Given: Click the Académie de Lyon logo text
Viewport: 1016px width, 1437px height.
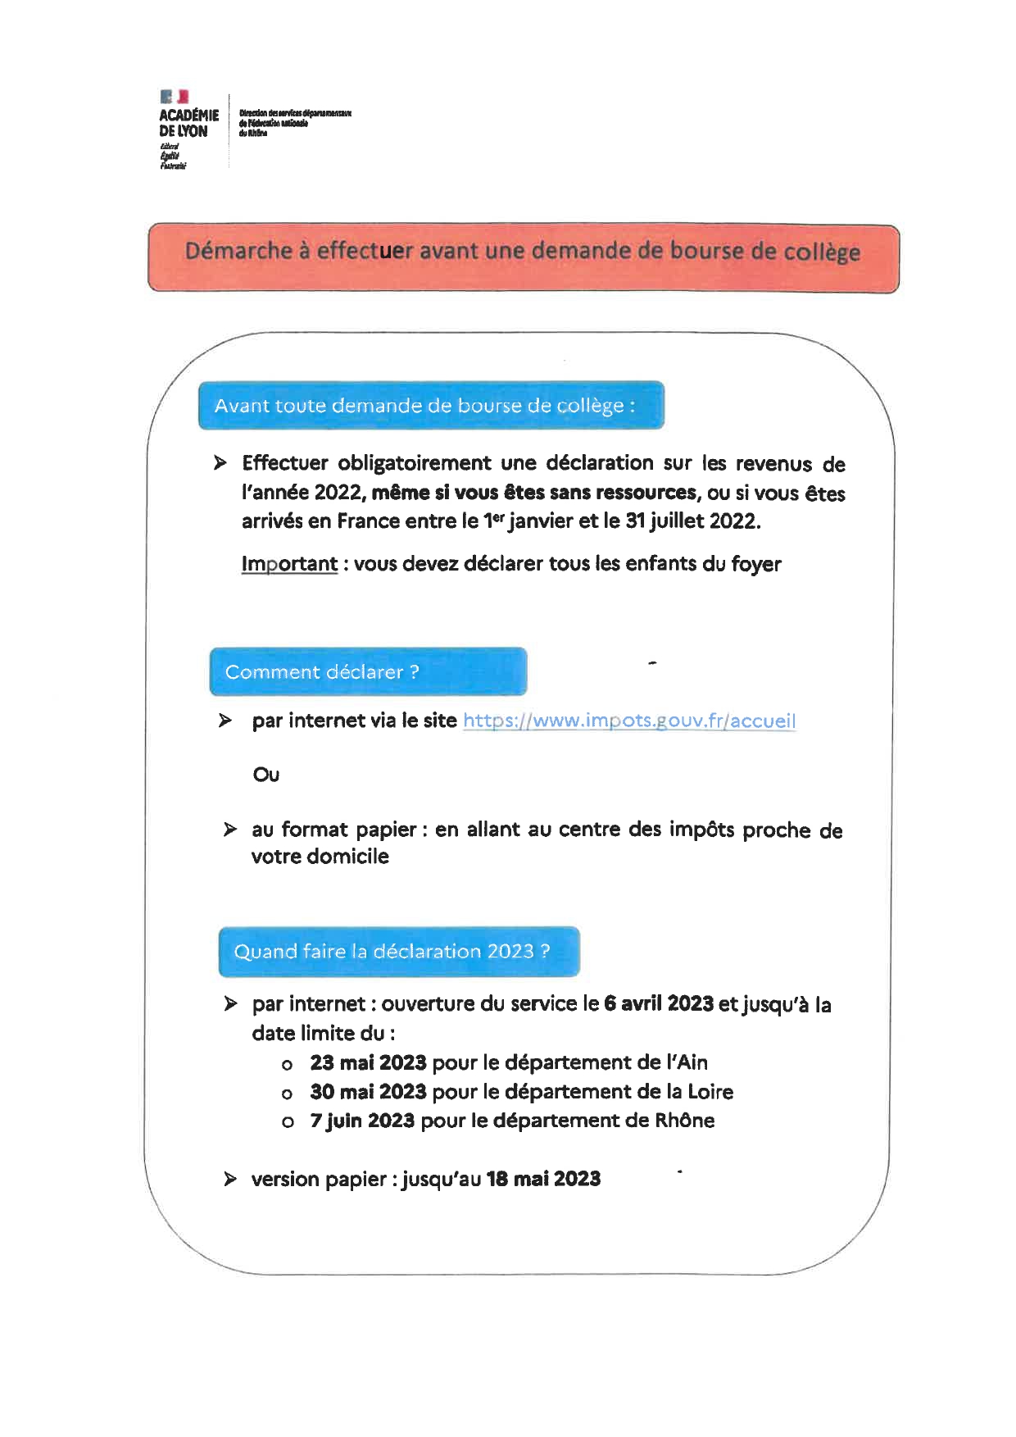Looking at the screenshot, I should [188, 123].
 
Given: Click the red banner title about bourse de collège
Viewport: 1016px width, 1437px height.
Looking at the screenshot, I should [523, 251].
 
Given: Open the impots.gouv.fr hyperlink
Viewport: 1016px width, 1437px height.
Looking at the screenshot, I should [628, 721].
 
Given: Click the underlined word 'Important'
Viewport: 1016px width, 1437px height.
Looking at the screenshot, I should [289, 564].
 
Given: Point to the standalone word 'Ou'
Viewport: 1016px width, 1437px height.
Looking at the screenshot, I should [266, 775].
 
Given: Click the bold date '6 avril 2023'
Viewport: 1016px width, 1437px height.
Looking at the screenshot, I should [659, 1004].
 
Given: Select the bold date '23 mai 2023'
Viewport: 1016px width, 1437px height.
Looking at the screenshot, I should [368, 1063].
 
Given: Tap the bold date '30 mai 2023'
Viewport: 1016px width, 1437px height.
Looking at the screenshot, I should [368, 1092].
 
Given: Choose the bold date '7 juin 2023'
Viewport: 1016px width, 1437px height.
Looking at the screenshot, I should [362, 1121].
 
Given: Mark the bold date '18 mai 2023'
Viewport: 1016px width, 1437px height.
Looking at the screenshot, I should [543, 1180].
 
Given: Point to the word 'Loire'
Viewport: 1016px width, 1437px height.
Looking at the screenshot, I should [710, 1092].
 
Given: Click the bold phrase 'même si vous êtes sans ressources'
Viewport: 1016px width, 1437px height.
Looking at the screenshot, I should [534, 493].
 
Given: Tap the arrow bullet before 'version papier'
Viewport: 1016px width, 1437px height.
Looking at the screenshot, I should [231, 1180].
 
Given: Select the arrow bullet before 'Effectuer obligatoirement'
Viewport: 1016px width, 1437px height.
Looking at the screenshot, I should [220, 463].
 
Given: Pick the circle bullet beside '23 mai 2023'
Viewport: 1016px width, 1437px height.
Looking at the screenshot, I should [287, 1066].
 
